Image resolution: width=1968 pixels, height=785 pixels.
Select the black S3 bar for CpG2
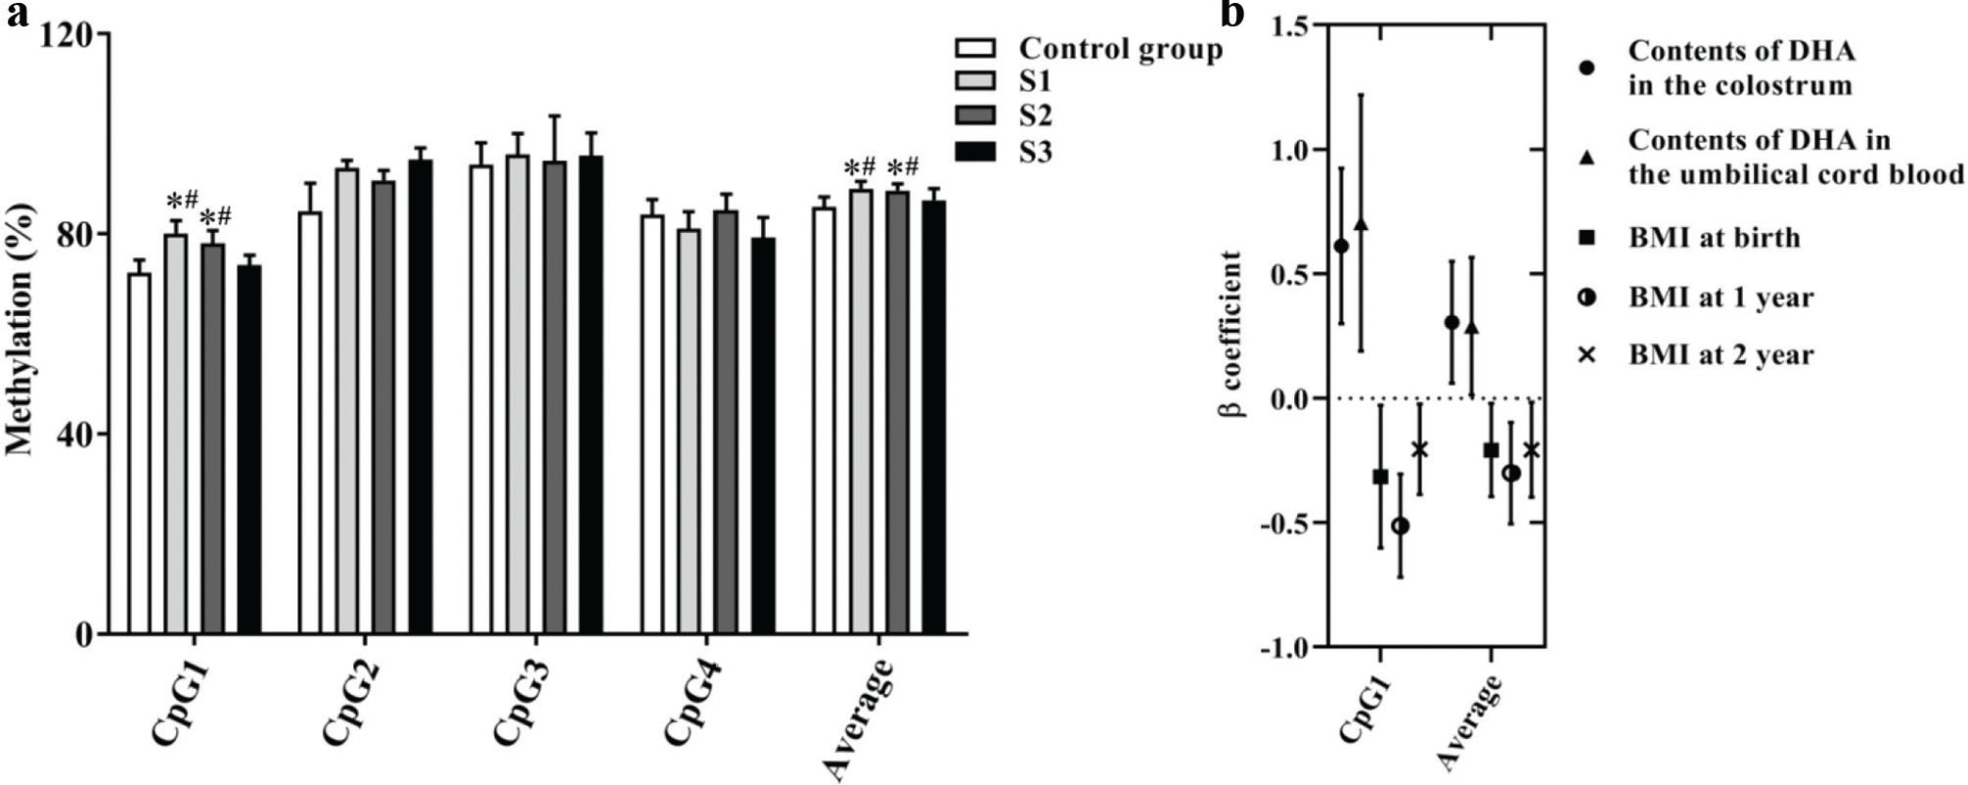pos(421,397)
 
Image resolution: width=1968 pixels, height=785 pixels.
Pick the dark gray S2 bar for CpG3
pos(556,397)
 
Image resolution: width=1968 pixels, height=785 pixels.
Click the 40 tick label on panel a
pos(74,435)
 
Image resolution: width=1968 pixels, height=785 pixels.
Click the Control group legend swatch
pos(975,49)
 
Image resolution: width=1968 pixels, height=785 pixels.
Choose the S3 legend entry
pos(1035,152)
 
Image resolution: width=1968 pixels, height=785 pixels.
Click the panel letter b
pos(1234,14)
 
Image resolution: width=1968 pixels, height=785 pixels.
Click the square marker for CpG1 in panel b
pos(1380,477)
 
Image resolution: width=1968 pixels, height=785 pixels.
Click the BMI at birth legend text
pos(1714,238)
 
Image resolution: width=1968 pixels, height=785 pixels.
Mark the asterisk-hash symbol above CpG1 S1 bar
pos(183,202)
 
